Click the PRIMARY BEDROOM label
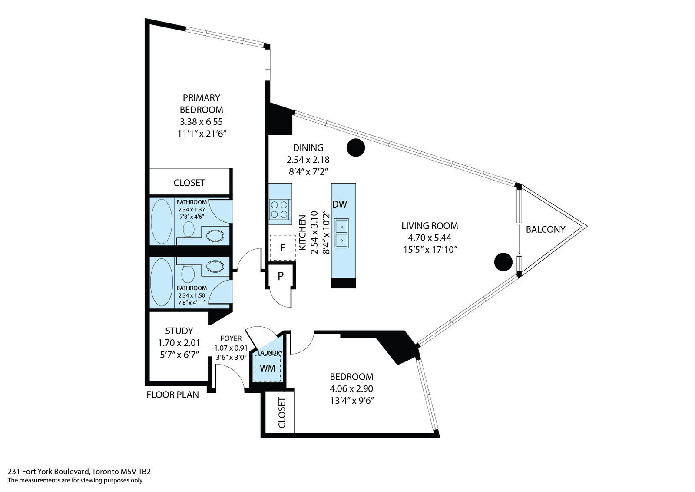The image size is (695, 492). [x=201, y=104]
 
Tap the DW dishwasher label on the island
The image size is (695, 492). [x=340, y=204]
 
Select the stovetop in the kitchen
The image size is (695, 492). [x=280, y=209]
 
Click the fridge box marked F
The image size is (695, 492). [x=282, y=248]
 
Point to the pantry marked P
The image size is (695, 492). [x=281, y=276]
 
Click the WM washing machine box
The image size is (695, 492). [x=268, y=368]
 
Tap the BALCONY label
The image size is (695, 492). [x=546, y=229]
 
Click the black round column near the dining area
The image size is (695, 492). [x=356, y=148]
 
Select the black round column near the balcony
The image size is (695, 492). [x=503, y=262]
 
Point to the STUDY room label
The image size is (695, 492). [x=179, y=331]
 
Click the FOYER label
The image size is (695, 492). [x=231, y=338]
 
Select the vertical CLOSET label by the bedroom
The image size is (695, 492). [x=281, y=412]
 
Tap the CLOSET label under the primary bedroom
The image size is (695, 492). [x=189, y=183]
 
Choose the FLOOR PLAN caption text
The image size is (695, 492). [x=172, y=395]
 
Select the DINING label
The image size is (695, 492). [x=308, y=148]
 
